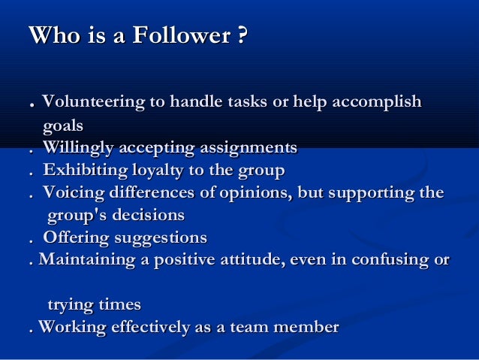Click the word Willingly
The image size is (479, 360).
pos(80,147)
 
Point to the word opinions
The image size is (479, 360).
pos(256,193)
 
